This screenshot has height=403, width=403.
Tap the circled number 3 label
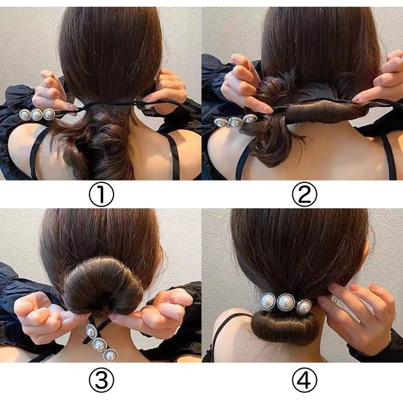pos(101,380)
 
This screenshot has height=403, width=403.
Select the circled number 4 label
pos(304,380)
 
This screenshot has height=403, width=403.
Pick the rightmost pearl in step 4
pos(304,307)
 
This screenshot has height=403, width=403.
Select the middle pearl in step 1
pos(37,115)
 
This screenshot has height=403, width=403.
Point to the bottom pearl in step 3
pos(110,356)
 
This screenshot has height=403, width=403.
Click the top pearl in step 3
pos(91,331)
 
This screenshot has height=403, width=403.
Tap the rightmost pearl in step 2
pos(249,119)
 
